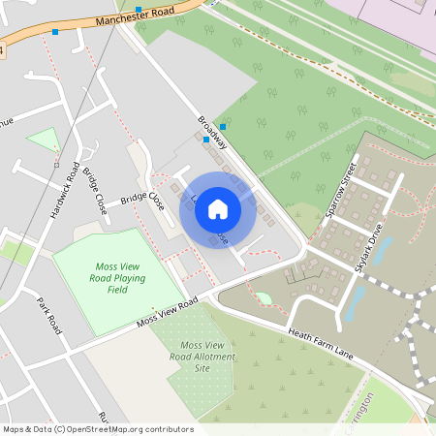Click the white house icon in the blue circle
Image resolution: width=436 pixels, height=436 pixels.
tap(218, 208)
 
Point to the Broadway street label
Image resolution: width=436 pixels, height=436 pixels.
tap(212, 133)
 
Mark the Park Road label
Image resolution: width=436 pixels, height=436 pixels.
tap(49, 316)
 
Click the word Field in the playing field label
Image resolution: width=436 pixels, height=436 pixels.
tap(117, 289)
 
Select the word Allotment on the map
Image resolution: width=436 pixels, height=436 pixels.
tap(191, 357)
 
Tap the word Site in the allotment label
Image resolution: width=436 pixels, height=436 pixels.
tap(202, 368)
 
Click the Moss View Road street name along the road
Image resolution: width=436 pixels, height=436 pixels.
tap(167, 312)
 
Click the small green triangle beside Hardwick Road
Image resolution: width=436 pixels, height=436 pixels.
tap(44, 141)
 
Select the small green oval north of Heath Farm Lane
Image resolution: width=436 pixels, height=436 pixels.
tap(263, 298)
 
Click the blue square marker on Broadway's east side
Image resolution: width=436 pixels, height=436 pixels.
tap(223, 127)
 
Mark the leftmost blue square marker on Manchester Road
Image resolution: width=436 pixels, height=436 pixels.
tap(55, 32)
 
